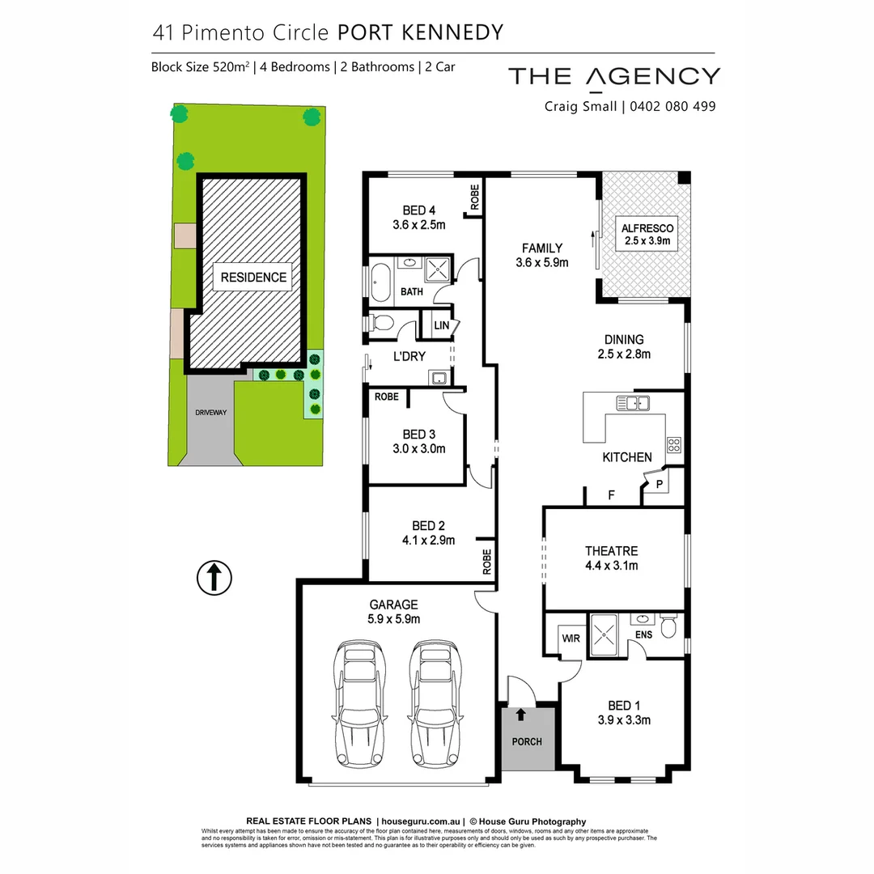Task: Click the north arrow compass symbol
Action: [x=214, y=578]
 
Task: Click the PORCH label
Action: [x=528, y=741]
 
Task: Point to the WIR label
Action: [x=571, y=639]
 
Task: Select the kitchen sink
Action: [x=632, y=403]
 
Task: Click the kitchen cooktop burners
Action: [x=673, y=443]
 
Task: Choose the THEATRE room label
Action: [x=612, y=552]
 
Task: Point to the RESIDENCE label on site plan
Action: [x=253, y=277]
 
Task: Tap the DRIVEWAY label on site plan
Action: [x=210, y=413]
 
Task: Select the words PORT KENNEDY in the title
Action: [x=420, y=32]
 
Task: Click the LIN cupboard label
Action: [x=442, y=325]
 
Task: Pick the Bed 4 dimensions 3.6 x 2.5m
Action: [x=418, y=225]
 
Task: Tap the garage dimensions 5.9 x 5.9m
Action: [x=394, y=619]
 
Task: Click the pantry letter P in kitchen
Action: [x=660, y=485]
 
